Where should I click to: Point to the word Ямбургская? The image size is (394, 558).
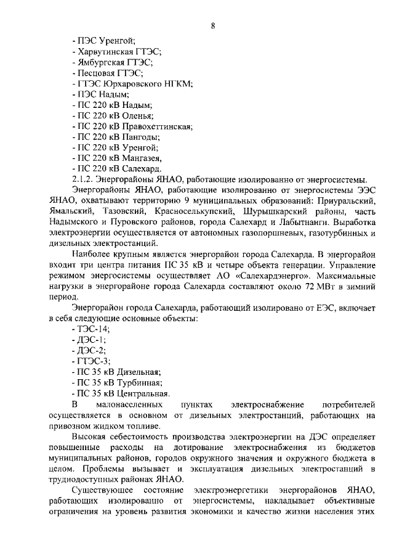click(x=101, y=62)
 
